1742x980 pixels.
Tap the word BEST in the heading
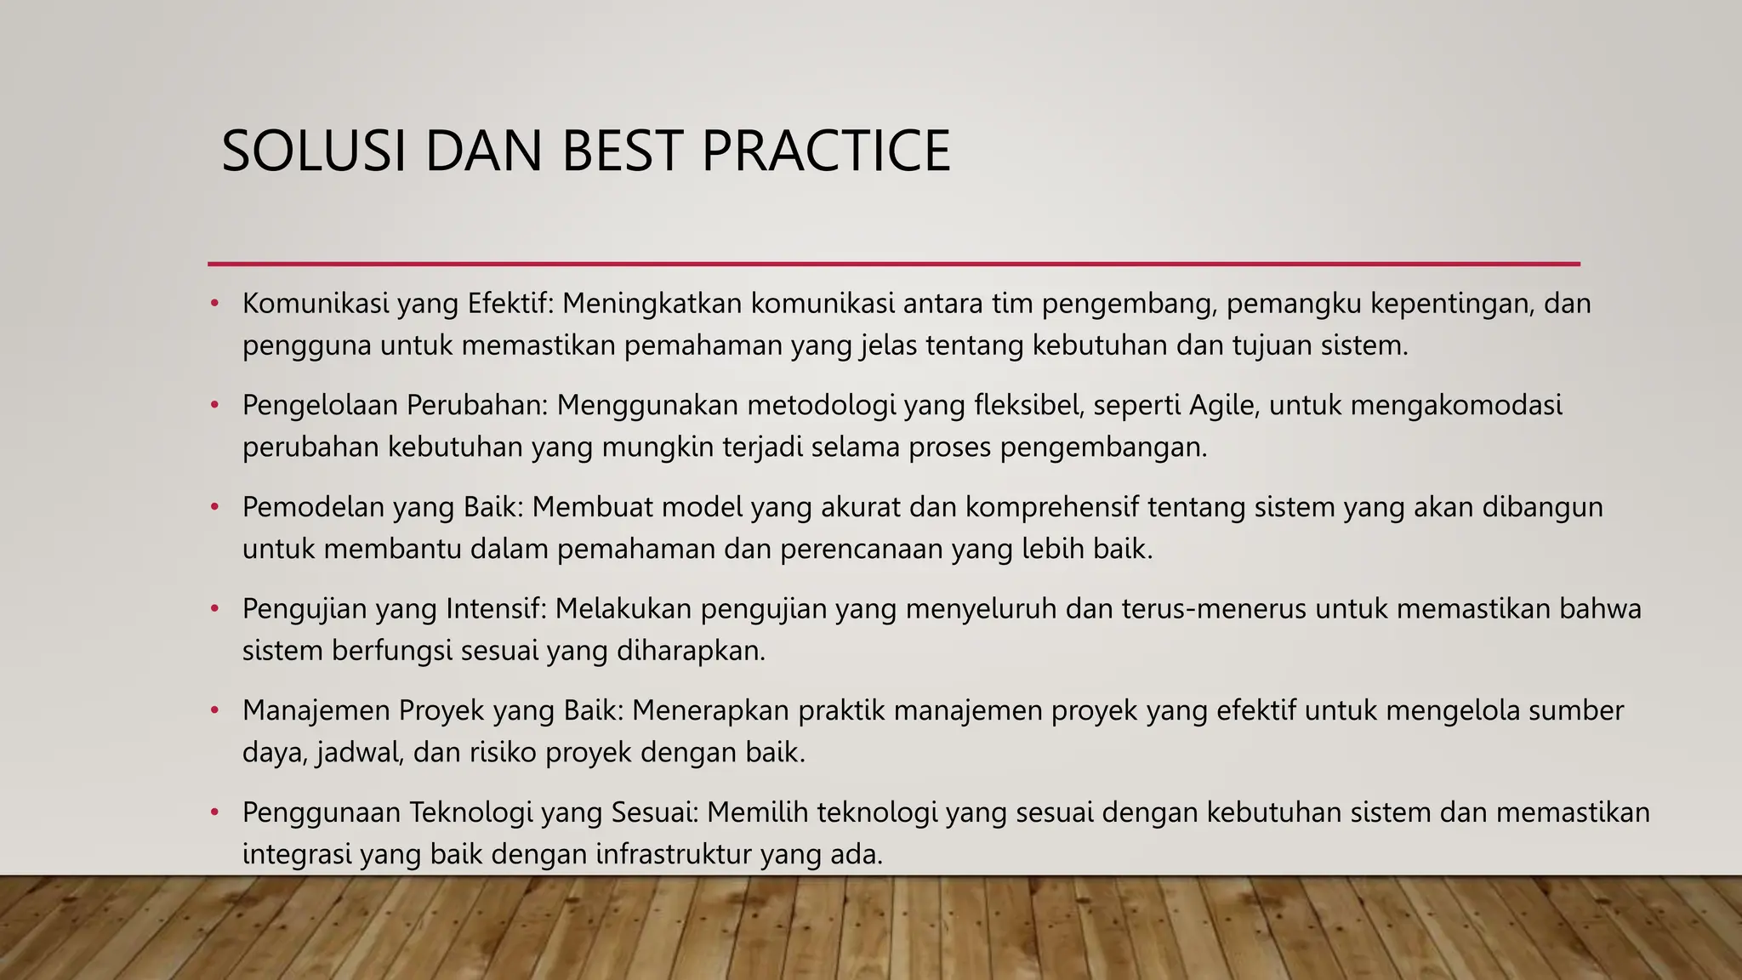tap(622, 151)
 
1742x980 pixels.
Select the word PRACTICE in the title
tap(825, 151)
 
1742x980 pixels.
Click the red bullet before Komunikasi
tap(215, 303)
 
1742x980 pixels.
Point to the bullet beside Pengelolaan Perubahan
tap(215, 405)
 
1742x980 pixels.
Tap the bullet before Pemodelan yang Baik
tap(215, 507)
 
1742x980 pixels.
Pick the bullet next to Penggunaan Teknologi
tap(215, 812)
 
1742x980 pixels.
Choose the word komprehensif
tap(1051, 508)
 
